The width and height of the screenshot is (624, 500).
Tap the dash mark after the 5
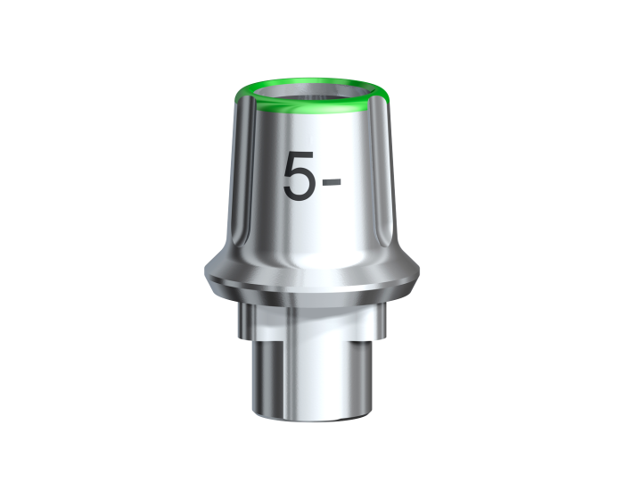tap(332, 183)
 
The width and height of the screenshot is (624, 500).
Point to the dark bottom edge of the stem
tap(312, 418)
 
